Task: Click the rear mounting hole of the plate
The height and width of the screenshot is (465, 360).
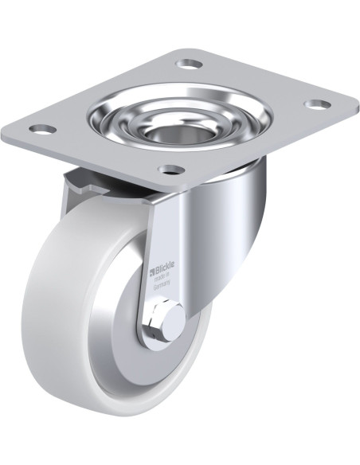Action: click(x=189, y=63)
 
